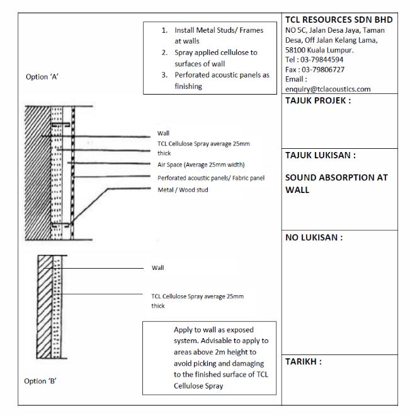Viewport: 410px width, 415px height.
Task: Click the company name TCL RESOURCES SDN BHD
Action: (339, 20)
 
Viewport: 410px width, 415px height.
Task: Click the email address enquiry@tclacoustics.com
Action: (327, 89)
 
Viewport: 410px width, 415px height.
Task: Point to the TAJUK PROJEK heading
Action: (318, 101)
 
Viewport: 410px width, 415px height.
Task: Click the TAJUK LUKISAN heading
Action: (321, 155)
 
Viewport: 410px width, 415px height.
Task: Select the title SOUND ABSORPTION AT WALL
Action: (336, 184)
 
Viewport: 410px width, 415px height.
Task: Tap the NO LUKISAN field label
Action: (314, 238)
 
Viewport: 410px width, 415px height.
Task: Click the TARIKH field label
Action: (304, 362)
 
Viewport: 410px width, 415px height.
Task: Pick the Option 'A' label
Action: (42, 77)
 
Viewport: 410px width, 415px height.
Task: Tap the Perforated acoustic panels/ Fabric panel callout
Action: (211, 178)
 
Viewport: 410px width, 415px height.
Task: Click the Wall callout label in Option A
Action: (163, 134)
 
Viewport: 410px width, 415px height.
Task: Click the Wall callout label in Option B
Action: (157, 268)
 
